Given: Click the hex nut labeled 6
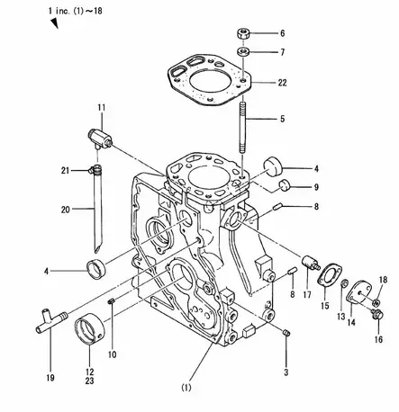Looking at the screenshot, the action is pos(243,33).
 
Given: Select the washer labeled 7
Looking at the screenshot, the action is pos(243,51).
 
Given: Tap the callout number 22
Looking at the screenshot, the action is pos(282,83).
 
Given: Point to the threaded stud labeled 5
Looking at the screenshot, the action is pos(243,128).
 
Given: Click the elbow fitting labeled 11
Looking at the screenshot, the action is pos(100,139).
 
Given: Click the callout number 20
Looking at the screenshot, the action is pos(66,210).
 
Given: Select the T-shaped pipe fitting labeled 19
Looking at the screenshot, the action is pos(51,320).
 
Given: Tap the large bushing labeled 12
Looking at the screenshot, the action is pos(89,329).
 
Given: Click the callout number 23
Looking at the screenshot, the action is pos(89,381).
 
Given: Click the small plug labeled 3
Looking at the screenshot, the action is pos(286,333).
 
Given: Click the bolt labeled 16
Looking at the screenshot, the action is pos(377,315).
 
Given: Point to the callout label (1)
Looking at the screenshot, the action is pos(186,388).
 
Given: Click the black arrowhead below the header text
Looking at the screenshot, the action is pos(54,23).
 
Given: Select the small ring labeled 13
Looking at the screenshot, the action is pos(345,282).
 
